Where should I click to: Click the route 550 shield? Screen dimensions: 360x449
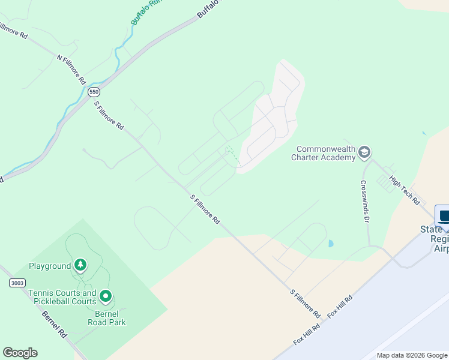click(93, 92)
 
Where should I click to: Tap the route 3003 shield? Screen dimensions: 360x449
click(19, 283)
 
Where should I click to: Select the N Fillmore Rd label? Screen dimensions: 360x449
click(71, 69)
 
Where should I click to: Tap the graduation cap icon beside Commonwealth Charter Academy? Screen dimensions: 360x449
click(364, 153)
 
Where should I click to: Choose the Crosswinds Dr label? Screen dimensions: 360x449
click(364, 201)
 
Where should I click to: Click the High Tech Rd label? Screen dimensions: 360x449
click(405, 190)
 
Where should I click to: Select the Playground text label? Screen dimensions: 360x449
click(50, 266)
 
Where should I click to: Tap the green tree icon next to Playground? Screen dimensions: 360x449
click(80, 265)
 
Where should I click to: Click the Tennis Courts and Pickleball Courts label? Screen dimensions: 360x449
click(62, 297)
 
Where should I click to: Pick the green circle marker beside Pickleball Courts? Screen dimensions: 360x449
click(106, 296)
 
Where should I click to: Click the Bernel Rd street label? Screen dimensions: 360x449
click(55, 323)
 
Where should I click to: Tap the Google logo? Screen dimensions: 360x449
click(20, 353)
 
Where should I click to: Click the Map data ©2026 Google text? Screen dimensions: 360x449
click(412, 355)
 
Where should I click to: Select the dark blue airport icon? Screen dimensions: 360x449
click(443, 215)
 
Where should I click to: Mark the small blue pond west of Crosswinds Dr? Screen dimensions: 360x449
click(330, 244)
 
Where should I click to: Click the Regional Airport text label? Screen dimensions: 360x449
click(439, 239)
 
